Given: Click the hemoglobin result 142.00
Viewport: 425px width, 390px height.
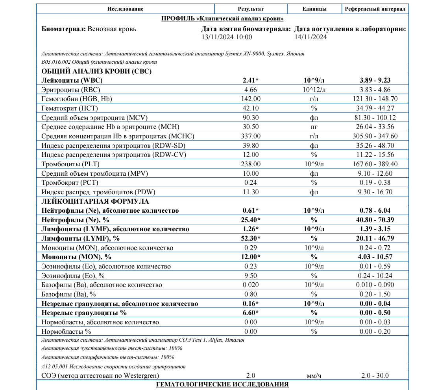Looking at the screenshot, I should click(251, 99).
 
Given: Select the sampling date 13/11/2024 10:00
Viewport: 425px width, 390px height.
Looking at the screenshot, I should click(226, 37).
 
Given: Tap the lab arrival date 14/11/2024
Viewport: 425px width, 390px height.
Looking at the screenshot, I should click(311, 37).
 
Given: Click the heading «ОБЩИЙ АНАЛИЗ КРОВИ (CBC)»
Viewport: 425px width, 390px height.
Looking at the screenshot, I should click(96, 71).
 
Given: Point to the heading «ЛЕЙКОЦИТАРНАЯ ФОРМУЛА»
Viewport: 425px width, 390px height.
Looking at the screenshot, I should click(95, 201).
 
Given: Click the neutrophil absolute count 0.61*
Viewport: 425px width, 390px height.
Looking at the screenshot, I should click(251, 211).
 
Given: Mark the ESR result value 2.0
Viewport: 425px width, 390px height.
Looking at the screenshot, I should click(251, 375).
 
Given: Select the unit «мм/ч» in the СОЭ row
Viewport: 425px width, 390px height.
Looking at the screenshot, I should click(314, 375).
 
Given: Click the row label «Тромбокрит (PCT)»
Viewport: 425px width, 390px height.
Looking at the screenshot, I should click(70, 182).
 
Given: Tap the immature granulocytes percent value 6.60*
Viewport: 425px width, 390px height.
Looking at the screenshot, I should click(251, 313).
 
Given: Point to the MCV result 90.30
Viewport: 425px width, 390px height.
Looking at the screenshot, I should click(251, 118).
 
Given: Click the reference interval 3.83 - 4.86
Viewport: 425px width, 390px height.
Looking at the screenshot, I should click(375, 90).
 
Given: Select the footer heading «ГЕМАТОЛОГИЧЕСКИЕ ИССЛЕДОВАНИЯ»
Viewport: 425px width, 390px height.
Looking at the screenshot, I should click(222, 384).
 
